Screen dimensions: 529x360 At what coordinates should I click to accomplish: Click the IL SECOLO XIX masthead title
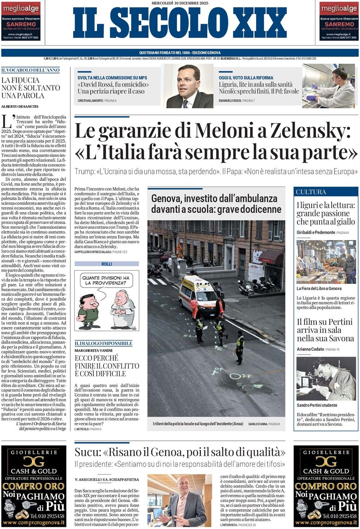pos(180,23)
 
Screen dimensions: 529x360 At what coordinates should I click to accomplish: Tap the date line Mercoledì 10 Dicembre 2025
pos(180,3)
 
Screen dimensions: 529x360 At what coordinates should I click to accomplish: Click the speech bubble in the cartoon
pos(106,280)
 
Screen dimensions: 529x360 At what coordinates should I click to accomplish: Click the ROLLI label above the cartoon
pos(107,264)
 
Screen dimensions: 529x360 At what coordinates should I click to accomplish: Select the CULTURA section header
pos(311,192)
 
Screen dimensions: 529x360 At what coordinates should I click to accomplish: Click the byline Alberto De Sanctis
pos(20,107)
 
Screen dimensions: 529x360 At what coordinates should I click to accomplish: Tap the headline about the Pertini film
pos(325,330)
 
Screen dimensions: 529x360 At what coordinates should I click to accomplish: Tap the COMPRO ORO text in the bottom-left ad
pos(33,486)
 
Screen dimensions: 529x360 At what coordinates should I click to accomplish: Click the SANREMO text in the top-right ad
pos(339,24)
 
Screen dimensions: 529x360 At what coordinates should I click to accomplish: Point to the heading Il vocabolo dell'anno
pos(30,70)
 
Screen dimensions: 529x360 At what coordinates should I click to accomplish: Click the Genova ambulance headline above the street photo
pos(216,204)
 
